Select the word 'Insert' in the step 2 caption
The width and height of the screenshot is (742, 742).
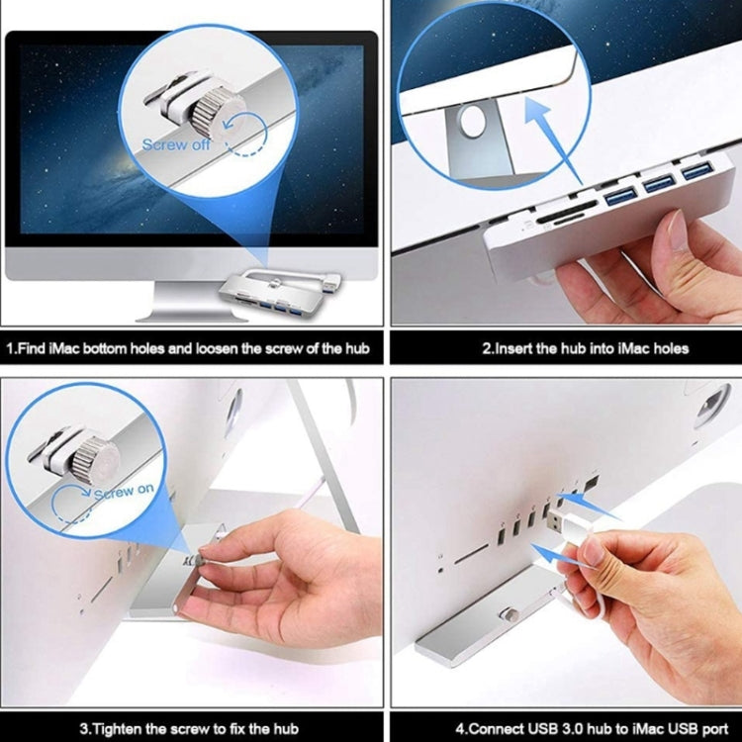pos(521,348)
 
